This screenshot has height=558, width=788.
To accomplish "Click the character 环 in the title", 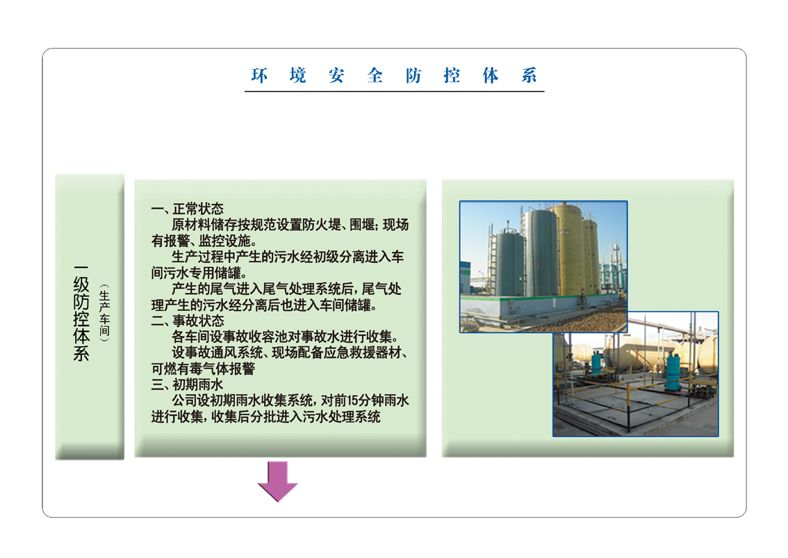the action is tap(259, 76).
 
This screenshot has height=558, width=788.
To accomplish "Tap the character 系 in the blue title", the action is tap(529, 76).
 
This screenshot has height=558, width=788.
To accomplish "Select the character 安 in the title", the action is tap(336, 76).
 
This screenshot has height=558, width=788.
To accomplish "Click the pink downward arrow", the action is tap(277, 481).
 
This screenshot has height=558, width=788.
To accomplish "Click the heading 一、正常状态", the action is tap(187, 209).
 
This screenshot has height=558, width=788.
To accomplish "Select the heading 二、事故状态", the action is tap(187, 321).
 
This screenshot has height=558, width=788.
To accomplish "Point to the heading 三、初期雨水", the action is tap(187, 385).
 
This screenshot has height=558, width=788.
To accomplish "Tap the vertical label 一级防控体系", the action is tap(81, 313).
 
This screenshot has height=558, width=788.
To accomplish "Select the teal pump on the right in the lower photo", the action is tap(673, 372).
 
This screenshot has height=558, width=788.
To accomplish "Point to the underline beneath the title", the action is tap(395, 92).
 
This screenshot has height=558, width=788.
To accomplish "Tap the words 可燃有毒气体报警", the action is tap(203, 369).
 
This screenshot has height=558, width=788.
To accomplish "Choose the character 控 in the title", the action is tap(452, 76).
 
